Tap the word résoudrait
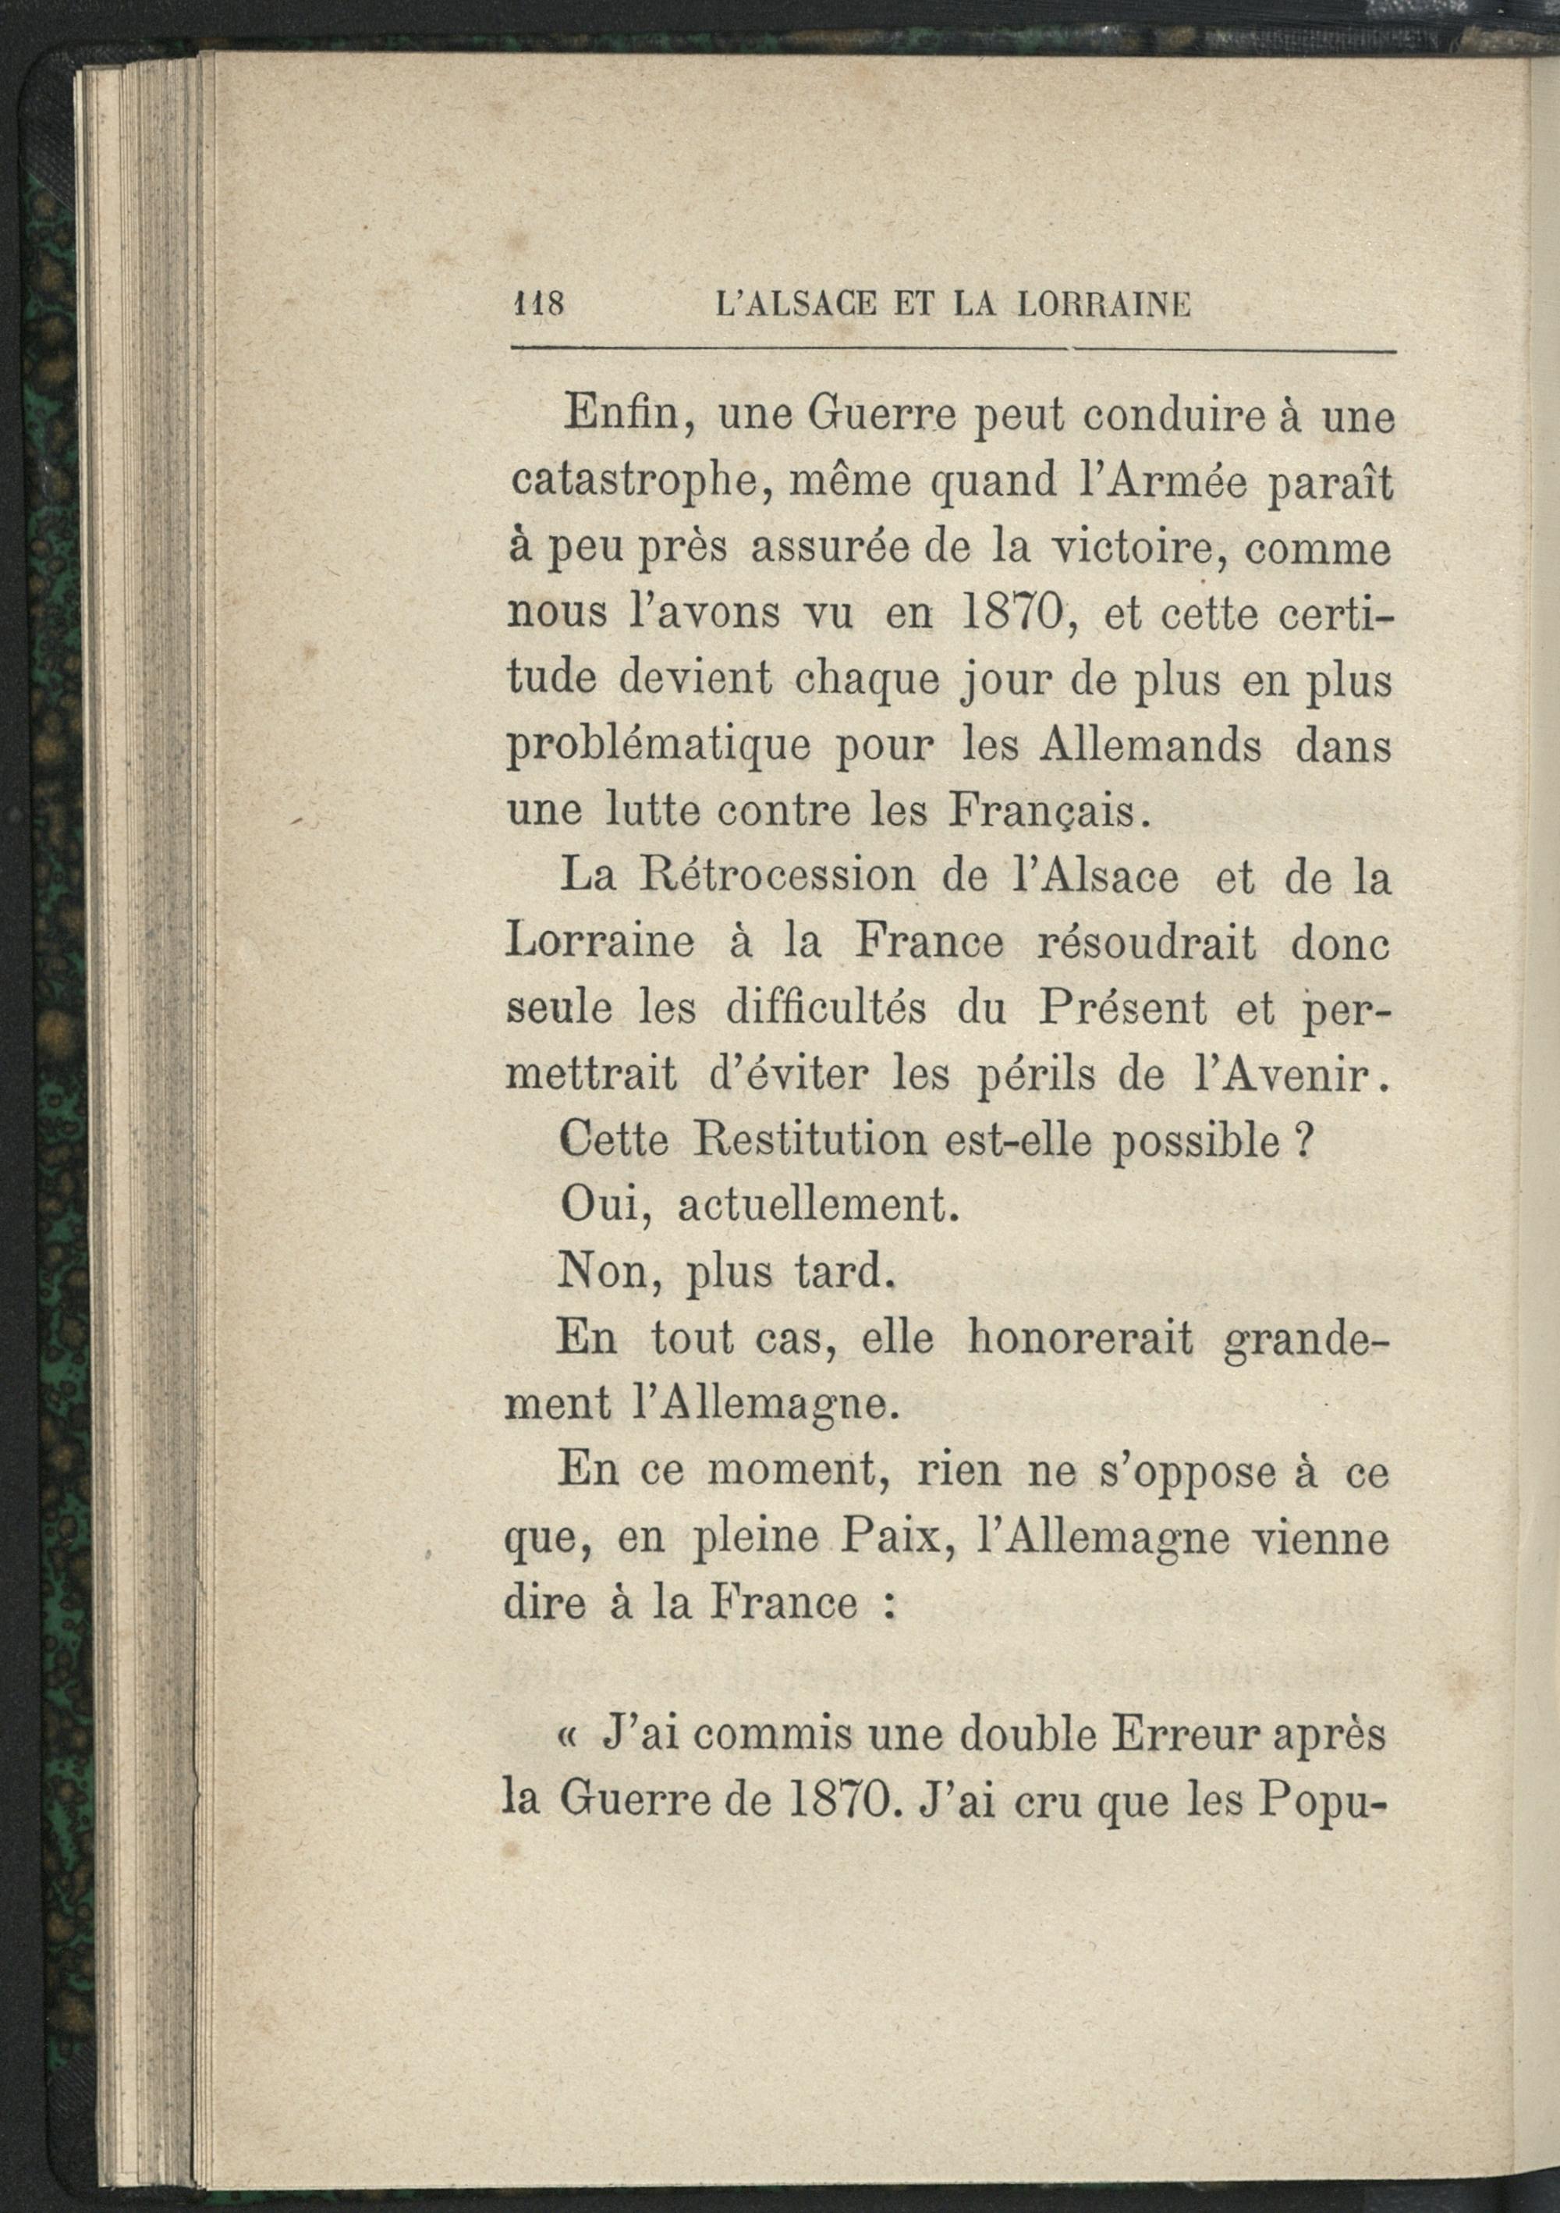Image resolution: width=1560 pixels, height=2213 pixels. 1146,943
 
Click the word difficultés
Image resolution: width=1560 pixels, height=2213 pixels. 826,1010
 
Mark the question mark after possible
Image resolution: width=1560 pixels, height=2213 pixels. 1303,1142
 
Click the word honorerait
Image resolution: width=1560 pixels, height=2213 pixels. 1080,1339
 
